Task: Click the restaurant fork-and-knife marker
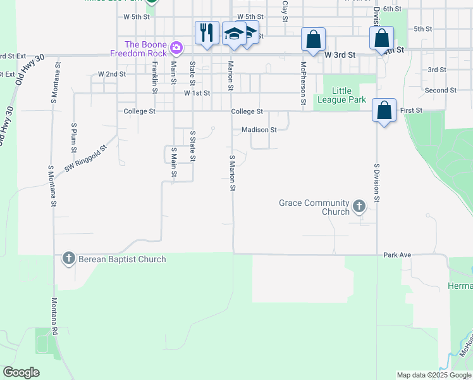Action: coord(207,32)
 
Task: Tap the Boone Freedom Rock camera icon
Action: coord(176,47)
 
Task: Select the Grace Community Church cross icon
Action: coord(359,205)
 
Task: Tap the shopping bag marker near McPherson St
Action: coord(313,39)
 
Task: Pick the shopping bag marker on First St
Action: coord(384,110)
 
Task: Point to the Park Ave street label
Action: coord(397,255)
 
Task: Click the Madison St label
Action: coord(259,130)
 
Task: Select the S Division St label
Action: coord(376,183)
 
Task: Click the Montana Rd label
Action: coord(54,316)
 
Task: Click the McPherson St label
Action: coord(304,83)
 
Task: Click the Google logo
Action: coord(21,372)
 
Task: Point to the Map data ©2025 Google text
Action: coord(433,375)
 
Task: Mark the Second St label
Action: coord(441,91)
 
